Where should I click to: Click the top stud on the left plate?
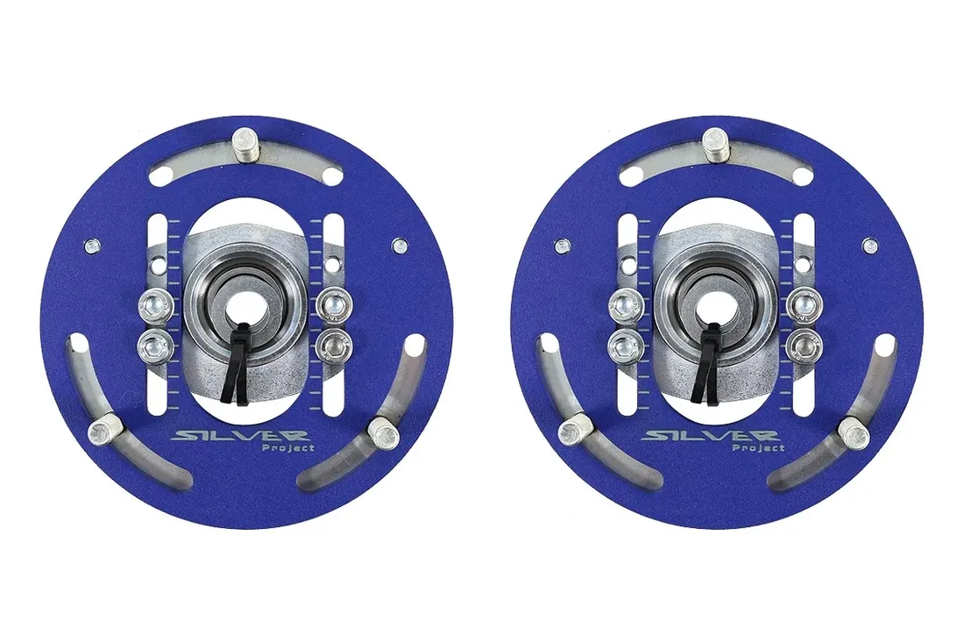click(x=244, y=144)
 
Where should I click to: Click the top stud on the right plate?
click(x=715, y=143)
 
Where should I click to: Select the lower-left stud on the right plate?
click(x=574, y=430)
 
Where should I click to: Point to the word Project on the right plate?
click(x=757, y=448)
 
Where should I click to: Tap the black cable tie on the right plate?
click(x=708, y=361)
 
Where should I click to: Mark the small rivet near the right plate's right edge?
click(x=869, y=246)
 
